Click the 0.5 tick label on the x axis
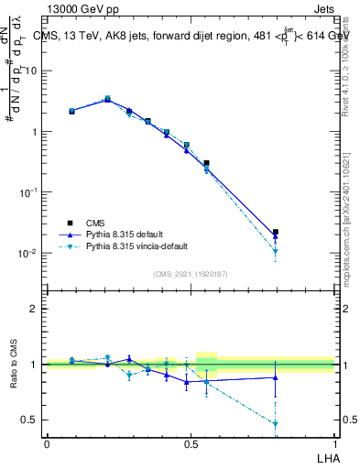[x=190, y=443]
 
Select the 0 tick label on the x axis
[x=47, y=443]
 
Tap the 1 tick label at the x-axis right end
[x=333, y=443]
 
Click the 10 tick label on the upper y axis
[x=31, y=71]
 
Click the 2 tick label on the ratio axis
[x=34, y=309]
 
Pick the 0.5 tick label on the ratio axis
[x=29, y=420]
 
